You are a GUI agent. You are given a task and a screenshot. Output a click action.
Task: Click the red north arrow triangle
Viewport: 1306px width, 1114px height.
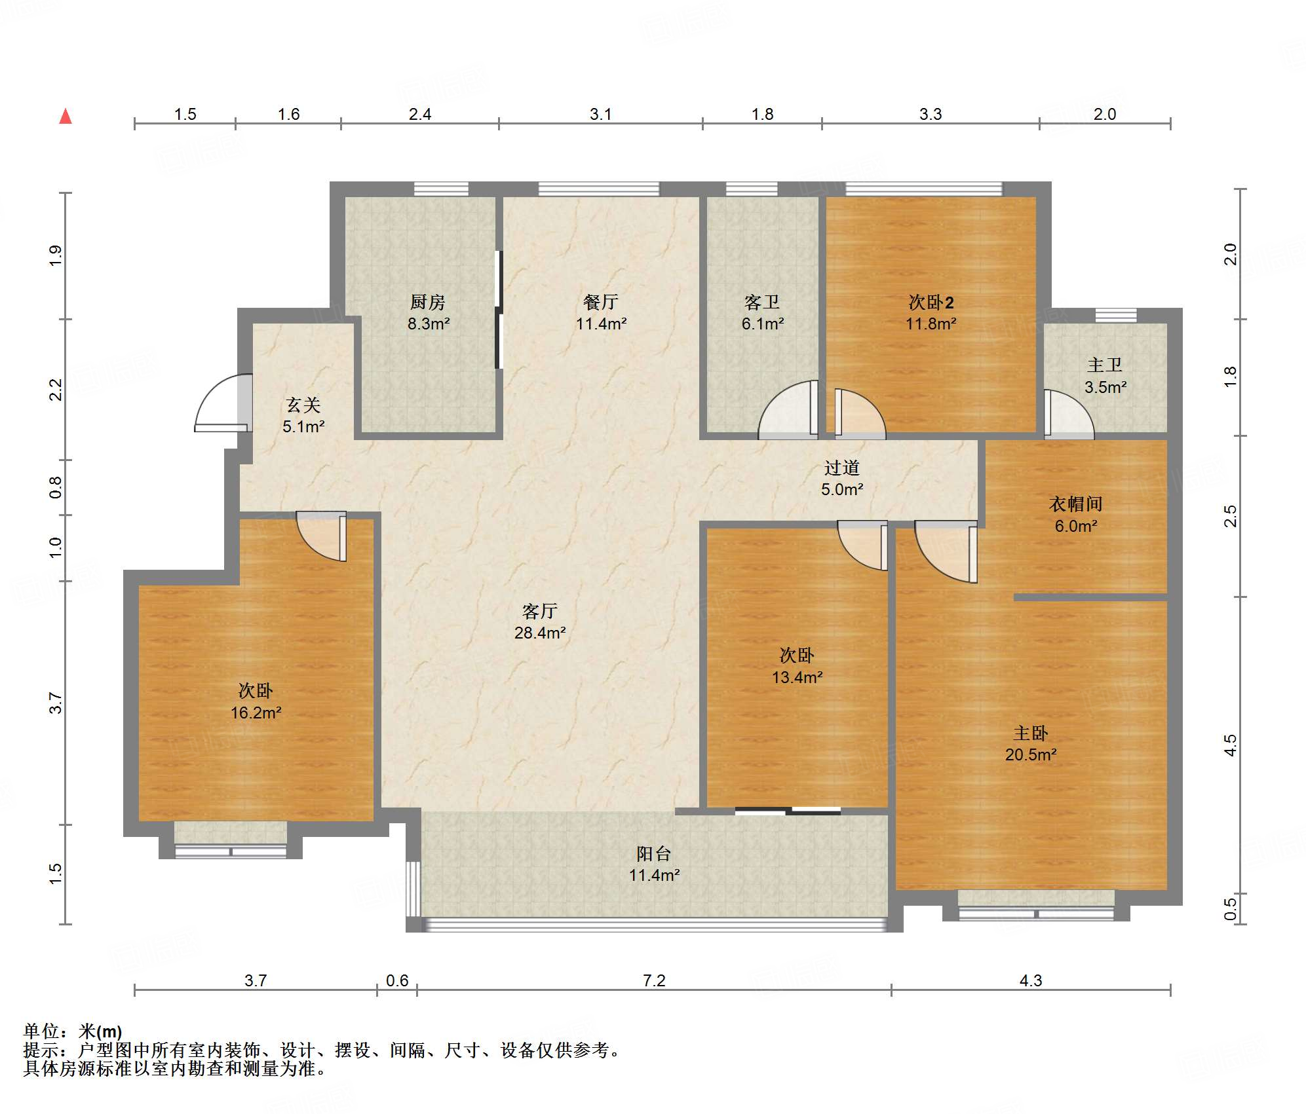pos(66,117)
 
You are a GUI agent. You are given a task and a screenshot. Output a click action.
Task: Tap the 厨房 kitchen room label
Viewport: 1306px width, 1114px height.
pos(428,312)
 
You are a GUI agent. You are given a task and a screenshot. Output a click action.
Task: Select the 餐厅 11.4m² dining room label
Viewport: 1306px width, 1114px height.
pos(601,312)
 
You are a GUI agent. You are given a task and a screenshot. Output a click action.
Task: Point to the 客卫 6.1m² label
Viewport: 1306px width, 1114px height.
pos(762,312)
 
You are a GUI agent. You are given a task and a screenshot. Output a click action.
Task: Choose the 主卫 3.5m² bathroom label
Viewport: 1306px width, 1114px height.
pos(1105,375)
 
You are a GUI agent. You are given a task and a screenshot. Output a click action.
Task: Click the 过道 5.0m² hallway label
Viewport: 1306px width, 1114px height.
pos(842,478)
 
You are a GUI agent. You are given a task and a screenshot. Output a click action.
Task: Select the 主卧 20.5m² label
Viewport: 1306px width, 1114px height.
pos(1031,743)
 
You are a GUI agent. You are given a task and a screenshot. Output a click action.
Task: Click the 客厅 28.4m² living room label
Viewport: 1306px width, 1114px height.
pos(540,622)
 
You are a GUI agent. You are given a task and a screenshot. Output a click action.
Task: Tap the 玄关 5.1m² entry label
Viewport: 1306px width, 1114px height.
pos(303,415)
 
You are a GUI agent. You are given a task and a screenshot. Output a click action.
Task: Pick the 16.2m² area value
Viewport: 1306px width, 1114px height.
pos(256,713)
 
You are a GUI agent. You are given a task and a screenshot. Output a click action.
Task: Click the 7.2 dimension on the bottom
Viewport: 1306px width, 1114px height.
pos(654,980)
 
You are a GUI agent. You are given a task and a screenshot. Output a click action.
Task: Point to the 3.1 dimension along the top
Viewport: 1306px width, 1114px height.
pos(600,114)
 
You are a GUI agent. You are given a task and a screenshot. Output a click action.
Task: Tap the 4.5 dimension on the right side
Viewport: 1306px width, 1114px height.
pos(1230,745)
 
